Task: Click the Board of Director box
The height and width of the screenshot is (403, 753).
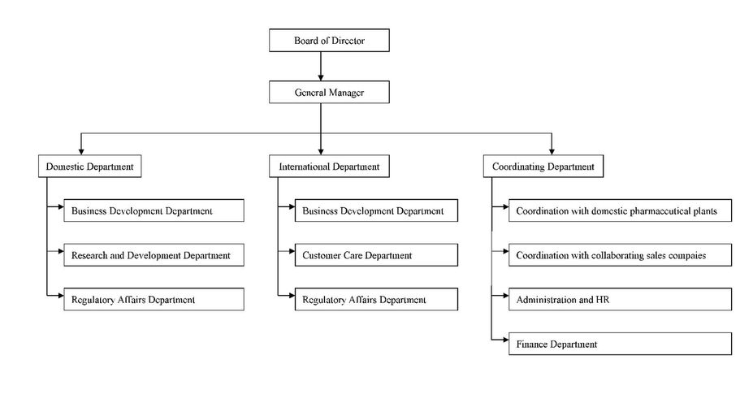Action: coord(329,41)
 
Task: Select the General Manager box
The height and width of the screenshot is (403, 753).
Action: coord(329,93)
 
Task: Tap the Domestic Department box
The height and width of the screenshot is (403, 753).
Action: coord(90,167)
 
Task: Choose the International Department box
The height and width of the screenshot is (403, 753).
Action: coord(329,167)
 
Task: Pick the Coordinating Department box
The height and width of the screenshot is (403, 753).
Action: coord(543,167)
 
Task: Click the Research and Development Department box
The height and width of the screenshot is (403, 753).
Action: coord(154,255)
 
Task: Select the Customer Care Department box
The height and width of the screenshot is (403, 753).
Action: coord(376,255)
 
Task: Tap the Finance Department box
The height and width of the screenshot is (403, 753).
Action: coord(620,344)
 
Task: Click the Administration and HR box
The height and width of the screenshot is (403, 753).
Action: coord(620,299)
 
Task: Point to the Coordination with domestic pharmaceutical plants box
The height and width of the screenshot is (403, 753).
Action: coord(620,210)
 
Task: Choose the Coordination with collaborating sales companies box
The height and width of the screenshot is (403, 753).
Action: coord(620,255)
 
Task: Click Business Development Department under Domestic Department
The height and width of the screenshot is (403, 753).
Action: coord(154,210)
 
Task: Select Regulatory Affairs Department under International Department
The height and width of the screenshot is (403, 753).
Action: coord(376,299)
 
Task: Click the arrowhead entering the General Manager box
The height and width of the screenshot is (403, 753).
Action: coord(321,78)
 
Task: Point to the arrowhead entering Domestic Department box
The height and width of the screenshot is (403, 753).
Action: coord(81,151)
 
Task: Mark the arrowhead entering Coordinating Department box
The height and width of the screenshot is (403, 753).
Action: coord(552,151)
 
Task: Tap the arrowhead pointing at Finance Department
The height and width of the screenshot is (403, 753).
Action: coord(505,340)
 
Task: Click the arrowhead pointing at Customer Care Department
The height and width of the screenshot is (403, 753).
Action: coord(292,251)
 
